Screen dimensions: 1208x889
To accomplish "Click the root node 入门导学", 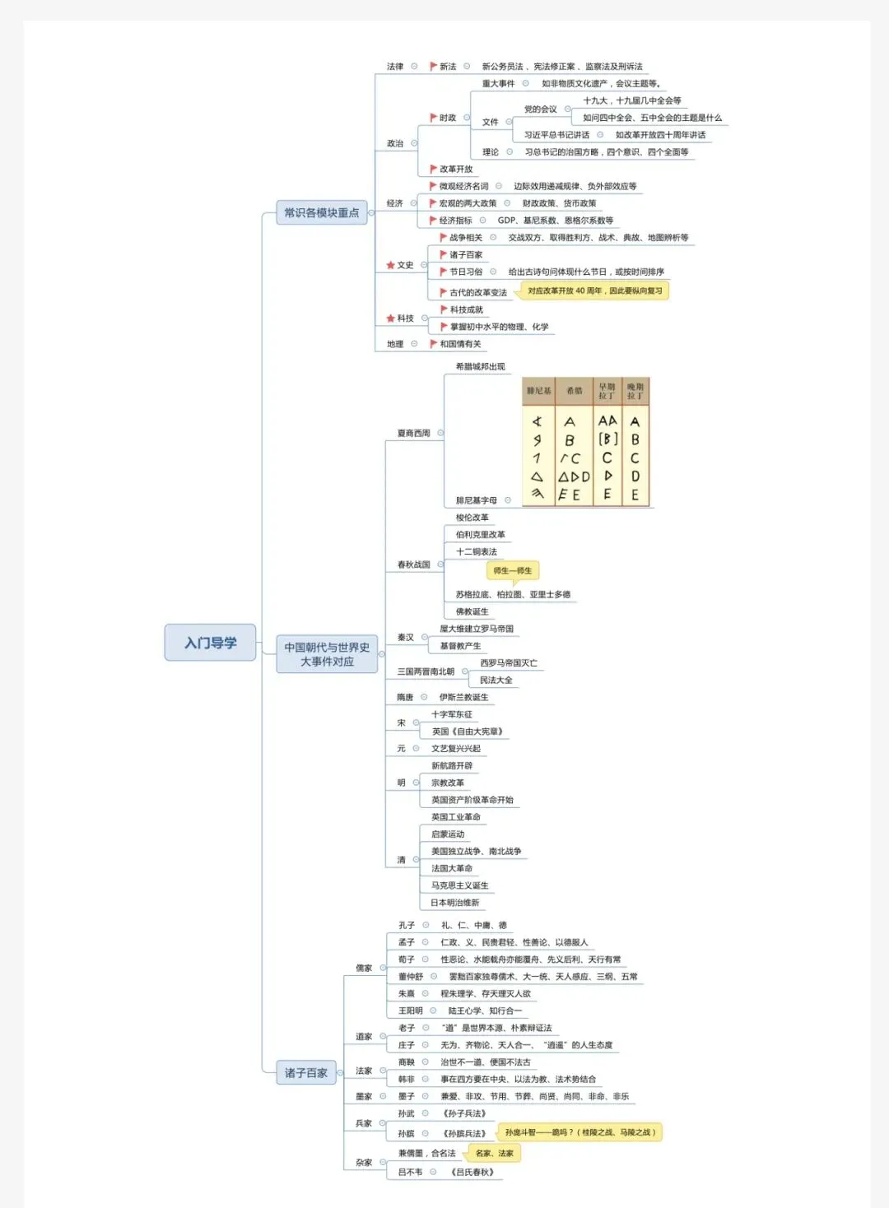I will click(x=210, y=643).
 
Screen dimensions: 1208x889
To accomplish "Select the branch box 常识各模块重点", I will click(x=321, y=212).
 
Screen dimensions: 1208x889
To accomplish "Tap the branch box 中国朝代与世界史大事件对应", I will click(x=327, y=654).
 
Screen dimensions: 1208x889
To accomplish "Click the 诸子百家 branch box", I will click(x=305, y=1072).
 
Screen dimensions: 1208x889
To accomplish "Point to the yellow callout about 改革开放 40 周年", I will click(x=594, y=290).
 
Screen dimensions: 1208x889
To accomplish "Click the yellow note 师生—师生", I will click(x=512, y=570).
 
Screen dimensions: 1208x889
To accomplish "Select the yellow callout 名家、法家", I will click(x=494, y=1153).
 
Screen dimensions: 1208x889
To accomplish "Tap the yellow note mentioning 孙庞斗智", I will click(x=579, y=1132).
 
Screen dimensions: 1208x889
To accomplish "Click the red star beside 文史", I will click(x=390, y=265).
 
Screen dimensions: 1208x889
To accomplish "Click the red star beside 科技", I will click(x=390, y=318).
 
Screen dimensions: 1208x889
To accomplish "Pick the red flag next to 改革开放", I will click(x=433, y=170).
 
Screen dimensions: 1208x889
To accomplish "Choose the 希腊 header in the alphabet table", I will click(x=574, y=391).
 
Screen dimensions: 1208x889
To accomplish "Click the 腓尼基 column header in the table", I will click(x=538, y=391).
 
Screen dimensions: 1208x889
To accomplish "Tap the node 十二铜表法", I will click(x=477, y=552).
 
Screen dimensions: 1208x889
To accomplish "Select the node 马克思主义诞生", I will click(x=459, y=885).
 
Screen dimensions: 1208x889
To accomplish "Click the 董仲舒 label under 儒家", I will click(x=410, y=977).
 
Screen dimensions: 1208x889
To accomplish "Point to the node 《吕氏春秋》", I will click(x=472, y=1172).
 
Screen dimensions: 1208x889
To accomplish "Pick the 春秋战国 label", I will click(x=413, y=565).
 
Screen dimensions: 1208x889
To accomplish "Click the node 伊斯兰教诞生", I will click(x=463, y=697).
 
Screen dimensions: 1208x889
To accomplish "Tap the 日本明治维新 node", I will click(x=454, y=903).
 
